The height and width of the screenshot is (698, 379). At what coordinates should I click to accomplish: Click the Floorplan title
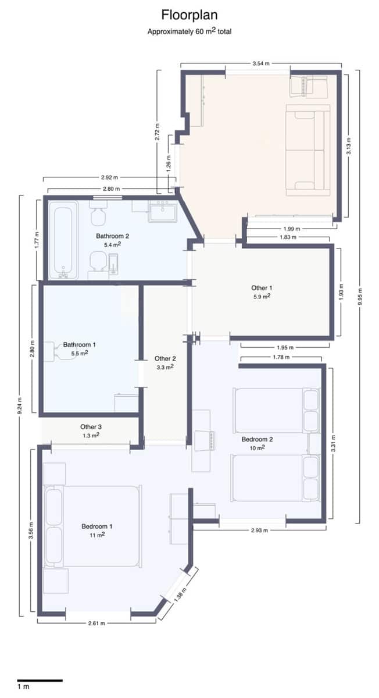click(x=189, y=15)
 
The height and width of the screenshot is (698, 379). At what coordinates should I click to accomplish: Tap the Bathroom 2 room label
click(x=112, y=236)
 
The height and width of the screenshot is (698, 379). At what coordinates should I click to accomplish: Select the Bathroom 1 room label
click(x=80, y=344)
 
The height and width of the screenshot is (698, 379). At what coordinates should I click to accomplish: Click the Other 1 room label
click(x=261, y=288)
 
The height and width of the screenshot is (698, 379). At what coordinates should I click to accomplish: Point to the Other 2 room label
click(x=165, y=359)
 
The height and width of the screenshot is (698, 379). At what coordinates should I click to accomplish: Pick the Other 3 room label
click(x=91, y=426)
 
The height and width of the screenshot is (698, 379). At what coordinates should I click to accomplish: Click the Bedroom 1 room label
click(x=96, y=526)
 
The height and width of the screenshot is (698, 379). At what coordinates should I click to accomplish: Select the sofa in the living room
click(x=308, y=150)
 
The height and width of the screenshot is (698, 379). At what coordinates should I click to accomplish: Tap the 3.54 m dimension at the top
click(x=261, y=63)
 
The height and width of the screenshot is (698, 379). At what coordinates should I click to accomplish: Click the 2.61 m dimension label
click(x=96, y=623)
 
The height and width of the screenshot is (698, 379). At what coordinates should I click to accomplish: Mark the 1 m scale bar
click(x=39, y=680)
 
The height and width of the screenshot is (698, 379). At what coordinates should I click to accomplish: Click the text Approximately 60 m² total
click(x=189, y=31)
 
